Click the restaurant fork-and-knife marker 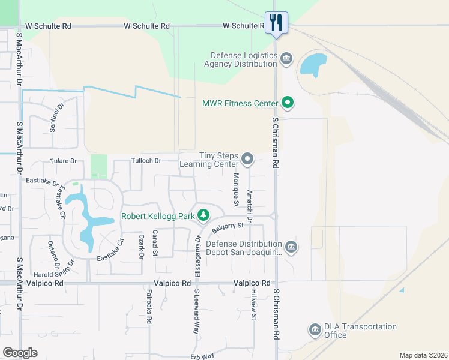(276, 23)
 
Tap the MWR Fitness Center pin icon (288, 103)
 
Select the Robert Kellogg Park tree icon (204, 215)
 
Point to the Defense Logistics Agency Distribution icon (286, 58)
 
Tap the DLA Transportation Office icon (315, 330)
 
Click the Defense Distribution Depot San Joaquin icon (291, 247)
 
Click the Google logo (20, 352)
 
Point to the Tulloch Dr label (146, 161)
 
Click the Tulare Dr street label (64, 161)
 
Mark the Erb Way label (204, 356)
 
